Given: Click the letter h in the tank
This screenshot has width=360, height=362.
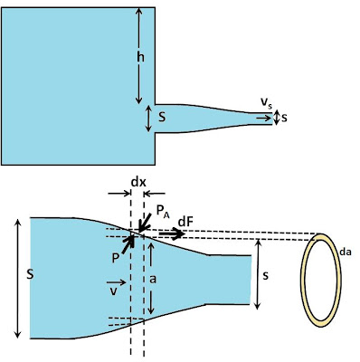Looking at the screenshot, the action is (x=140, y=56).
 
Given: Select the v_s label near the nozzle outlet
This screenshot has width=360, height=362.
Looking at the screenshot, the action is (x=266, y=103).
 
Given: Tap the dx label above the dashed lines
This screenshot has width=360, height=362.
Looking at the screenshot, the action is (x=138, y=182).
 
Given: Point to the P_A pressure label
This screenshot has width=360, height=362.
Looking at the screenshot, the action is (x=163, y=211).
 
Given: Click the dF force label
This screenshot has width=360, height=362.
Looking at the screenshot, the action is (x=185, y=222).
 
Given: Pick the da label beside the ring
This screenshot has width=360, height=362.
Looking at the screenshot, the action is (x=346, y=252).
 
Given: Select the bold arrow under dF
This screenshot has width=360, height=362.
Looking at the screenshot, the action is (x=172, y=233).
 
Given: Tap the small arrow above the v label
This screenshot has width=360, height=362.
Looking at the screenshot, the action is (x=116, y=282).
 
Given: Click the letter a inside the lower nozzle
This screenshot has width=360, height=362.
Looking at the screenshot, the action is (x=153, y=280).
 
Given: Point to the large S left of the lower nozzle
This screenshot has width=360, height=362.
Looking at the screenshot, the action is (x=29, y=275).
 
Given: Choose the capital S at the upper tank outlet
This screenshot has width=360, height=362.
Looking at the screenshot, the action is (x=162, y=117).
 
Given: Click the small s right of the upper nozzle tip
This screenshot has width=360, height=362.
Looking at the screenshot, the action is (x=284, y=118).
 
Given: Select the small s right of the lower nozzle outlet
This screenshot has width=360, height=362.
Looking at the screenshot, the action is (x=265, y=275).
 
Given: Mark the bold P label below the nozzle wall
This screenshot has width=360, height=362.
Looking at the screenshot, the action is (x=115, y=258).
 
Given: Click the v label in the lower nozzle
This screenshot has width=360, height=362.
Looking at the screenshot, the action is (x=113, y=292).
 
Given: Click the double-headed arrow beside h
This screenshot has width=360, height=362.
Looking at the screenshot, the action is (x=138, y=56).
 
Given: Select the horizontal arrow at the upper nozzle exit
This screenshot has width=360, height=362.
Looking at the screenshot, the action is (x=263, y=118).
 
